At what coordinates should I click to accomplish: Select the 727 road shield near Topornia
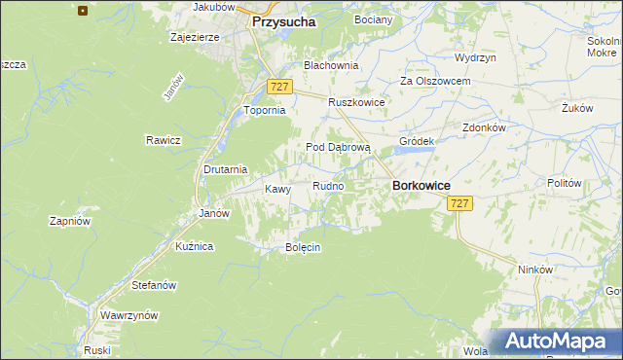[278, 87]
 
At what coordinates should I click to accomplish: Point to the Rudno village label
[327, 186]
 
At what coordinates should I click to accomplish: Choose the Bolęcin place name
[303, 247]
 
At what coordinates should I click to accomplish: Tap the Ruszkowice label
[356, 102]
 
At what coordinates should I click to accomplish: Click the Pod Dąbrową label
[339, 147]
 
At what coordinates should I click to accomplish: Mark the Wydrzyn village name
[475, 57]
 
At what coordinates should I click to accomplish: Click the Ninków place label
[535, 270]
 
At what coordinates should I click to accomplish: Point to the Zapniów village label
[70, 221]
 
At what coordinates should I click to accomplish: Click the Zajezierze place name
[194, 38]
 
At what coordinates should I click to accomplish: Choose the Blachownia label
[331, 65]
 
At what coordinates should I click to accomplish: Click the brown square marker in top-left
[82, 12]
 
